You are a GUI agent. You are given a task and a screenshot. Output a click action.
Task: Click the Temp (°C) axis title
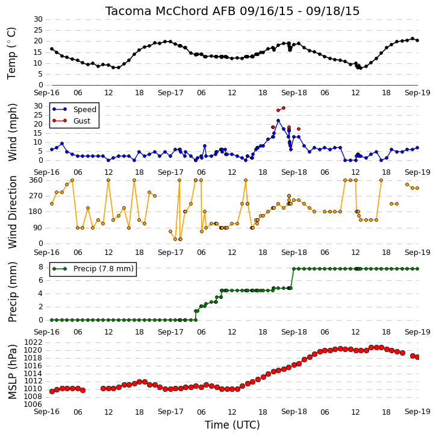[11, 53]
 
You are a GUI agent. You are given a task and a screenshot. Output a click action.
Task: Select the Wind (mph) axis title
[12, 132]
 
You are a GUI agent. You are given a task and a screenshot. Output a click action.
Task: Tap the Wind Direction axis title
[12, 212]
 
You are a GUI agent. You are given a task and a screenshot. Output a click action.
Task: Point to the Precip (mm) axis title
[12, 292]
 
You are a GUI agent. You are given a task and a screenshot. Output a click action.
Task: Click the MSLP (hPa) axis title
[12, 372]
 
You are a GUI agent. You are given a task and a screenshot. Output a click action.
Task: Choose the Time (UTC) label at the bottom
[232, 425]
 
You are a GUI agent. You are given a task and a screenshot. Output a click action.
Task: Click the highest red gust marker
[284, 108]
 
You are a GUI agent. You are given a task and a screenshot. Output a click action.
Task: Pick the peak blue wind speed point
[278, 121]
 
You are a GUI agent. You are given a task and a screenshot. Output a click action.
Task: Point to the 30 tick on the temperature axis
[38, 19]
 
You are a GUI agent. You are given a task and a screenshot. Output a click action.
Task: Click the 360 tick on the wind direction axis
[36, 180]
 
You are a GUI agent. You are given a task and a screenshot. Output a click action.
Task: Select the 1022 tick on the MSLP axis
[33, 342]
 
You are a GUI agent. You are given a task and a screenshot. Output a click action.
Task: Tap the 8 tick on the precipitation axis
[41, 267]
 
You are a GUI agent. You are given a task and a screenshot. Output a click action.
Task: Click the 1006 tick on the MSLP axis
[33, 404]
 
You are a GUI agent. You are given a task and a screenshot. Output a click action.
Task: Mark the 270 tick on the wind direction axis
[36, 196]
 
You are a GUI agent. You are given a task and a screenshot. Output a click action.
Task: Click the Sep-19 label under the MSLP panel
[417, 412]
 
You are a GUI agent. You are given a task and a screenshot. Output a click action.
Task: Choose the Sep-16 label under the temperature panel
[46, 93]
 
